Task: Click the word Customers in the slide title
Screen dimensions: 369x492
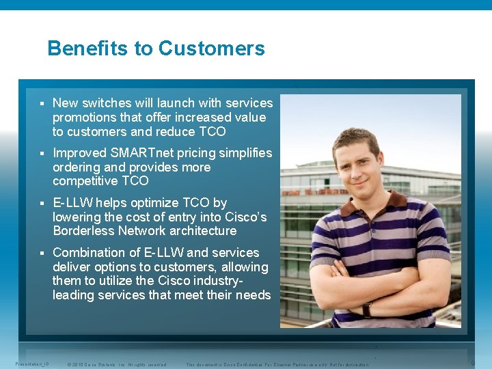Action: point(212,49)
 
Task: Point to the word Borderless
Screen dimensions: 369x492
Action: point(85,231)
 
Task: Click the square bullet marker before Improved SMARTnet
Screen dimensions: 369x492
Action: point(42,153)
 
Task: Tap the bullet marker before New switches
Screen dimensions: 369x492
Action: point(42,103)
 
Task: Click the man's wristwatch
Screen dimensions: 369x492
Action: point(367,310)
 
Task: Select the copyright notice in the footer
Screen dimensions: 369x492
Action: point(117,364)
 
